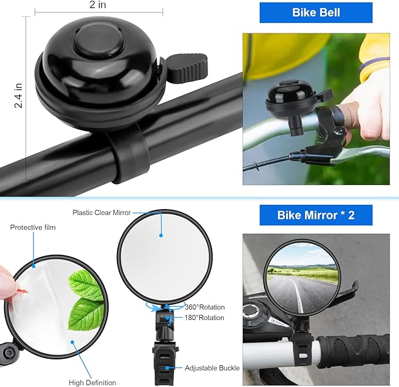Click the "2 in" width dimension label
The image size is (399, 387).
pos(98,5)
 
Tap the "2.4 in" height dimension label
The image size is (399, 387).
pos(19,96)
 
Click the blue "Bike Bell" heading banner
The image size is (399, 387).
pos(316,12)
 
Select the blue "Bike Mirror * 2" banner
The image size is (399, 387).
pos(316,215)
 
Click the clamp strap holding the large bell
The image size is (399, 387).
pos(130,153)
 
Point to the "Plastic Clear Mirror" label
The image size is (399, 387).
pos(102,213)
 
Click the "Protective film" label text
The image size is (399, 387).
pos(33,227)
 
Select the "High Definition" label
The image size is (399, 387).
pos(92,383)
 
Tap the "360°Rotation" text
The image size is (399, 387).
pos(204,307)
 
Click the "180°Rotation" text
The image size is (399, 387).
pos(204,318)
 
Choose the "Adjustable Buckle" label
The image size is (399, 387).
pos(212,368)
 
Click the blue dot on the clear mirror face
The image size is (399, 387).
pos(161,235)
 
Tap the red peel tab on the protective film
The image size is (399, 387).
pos(23,290)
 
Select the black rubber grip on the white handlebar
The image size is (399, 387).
pos(353,353)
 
